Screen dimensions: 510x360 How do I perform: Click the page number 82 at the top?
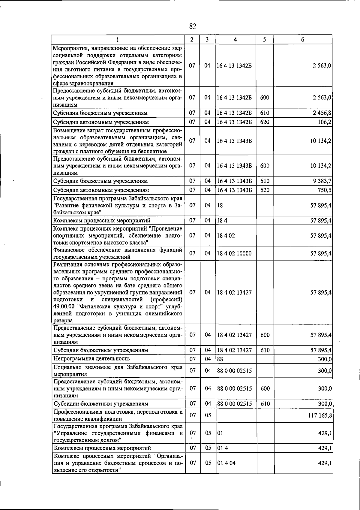pos(193,26)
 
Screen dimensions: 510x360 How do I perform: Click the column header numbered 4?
pos(235,40)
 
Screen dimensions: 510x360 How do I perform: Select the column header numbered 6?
pos(303,40)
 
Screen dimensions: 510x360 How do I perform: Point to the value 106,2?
pos(325,122)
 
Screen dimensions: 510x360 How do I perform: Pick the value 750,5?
pos(325,190)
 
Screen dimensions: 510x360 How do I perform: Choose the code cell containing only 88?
pos(220,359)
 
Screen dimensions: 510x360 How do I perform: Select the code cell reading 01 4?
pos(222,448)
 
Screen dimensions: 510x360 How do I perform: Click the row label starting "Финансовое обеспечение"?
pos(118,253)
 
